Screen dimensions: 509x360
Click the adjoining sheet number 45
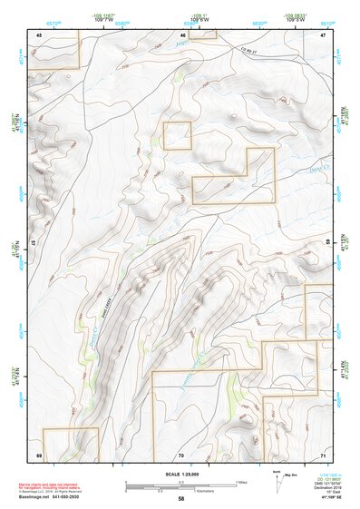click(39, 34)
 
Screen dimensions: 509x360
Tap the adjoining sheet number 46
click(181, 34)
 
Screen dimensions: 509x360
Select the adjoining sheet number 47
click(323, 34)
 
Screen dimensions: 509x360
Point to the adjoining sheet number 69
click(39, 455)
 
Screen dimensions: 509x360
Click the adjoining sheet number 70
click(180, 455)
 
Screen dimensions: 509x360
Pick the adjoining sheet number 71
click(323, 455)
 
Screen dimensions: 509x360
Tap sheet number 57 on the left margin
click(34, 244)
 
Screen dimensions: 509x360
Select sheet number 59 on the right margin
click(327, 244)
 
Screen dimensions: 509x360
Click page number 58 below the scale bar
click(181, 499)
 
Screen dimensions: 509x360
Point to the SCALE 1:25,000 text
click(180, 474)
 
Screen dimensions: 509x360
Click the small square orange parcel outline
click(178, 135)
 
